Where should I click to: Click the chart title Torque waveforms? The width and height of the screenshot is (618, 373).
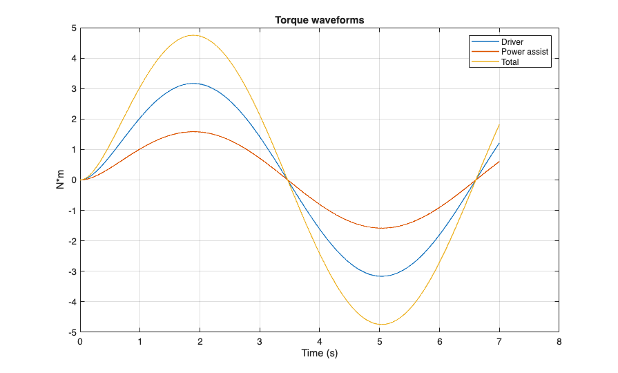tap(319, 20)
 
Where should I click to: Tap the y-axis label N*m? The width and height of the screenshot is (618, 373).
tap(61, 180)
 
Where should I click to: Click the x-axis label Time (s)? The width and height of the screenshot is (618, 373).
tap(319, 354)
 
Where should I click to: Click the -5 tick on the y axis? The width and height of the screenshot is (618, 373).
tap(71, 332)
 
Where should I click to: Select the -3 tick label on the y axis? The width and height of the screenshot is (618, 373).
tap(71, 271)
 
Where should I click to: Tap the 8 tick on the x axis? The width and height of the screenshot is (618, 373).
tap(559, 341)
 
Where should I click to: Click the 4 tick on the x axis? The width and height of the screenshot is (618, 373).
tap(320, 341)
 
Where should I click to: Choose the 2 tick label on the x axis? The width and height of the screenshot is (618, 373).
tap(200, 341)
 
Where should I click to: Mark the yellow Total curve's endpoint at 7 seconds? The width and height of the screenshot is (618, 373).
tap(499, 124)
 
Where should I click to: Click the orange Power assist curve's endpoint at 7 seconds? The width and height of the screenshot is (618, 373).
tap(499, 162)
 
